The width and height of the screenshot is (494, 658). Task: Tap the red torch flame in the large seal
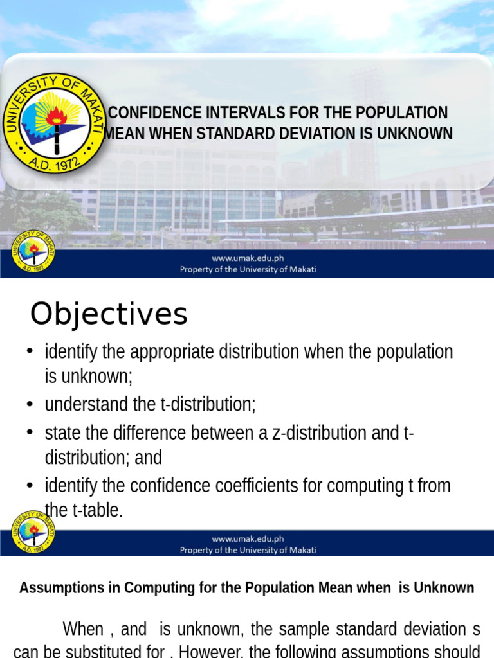coord(56,116)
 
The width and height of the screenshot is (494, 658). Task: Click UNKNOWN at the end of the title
coord(417,134)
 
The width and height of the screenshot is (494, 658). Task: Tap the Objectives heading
coord(109,314)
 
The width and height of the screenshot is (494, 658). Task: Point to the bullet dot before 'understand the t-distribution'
coord(30,404)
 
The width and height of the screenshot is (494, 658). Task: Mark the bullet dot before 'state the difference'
coord(30,432)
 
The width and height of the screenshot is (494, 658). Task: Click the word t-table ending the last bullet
coord(96,511)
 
